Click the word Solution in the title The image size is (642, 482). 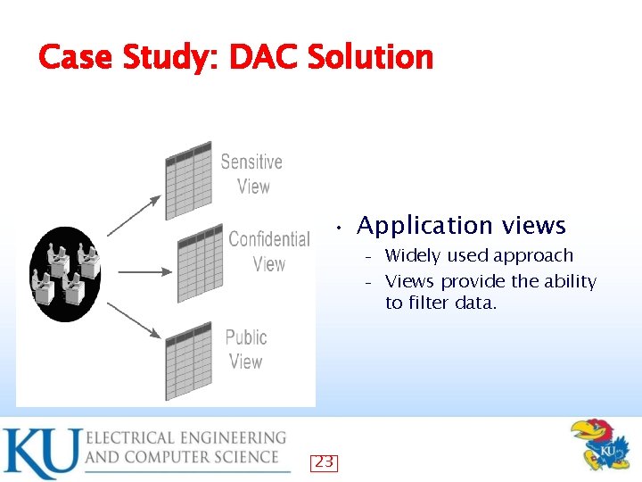pyautogui.click(x=370, y=58)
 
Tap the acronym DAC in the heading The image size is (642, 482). pyautogui.click(x=265, y=58)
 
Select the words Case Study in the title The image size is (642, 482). pyautogui.click(x=128, y=58)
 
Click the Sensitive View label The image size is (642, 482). pyautogui.click(x=251, y=174)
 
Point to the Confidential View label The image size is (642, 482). pyautogui.click(x=268, y=251)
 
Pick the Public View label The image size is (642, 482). pyautogui.click(x=245, y=349)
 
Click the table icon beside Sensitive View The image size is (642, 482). pyautogui.click(x=188, y=179)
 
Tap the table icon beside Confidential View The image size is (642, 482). pyautogui.click(x=200, y=264)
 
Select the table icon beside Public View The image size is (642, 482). pyautogui.click(x=188, y=361)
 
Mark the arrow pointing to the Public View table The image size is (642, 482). pyautogui.click(x=134, y=320)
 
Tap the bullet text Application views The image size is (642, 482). pyautogui.click(x=461, y=226)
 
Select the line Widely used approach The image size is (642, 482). pyautogui.click(x=479, y=256)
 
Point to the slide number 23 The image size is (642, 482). pyautogui.click(x=324, y=461)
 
